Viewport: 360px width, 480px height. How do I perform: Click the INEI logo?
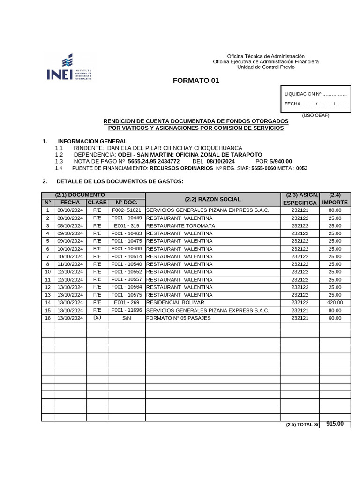(69, 67)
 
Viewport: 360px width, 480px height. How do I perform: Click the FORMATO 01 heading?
(196, 81)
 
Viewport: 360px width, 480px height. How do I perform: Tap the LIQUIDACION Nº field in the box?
(315, 94)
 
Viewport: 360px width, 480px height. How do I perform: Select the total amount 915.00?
(335, 424)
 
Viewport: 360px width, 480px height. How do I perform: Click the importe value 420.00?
(335, 302)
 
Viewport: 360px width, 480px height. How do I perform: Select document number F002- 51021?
(127, 210)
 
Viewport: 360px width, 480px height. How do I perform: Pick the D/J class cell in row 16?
(97, 318)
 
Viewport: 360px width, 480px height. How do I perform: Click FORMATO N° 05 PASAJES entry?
(179, 318)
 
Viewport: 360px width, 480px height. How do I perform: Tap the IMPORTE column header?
(335, 202)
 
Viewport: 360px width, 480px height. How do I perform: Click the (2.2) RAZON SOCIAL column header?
(213, 199)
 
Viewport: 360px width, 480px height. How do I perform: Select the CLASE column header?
(97, 202)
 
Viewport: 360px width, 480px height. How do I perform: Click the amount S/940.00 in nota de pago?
(280, 161)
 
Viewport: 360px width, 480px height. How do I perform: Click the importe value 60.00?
(335, 318)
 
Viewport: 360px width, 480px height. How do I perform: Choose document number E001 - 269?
(127, 302)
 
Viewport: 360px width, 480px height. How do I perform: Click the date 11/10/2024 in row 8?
(70, 264)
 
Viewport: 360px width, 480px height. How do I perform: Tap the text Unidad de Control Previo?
(266, 67)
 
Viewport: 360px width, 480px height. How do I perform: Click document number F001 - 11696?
(127, 310)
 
